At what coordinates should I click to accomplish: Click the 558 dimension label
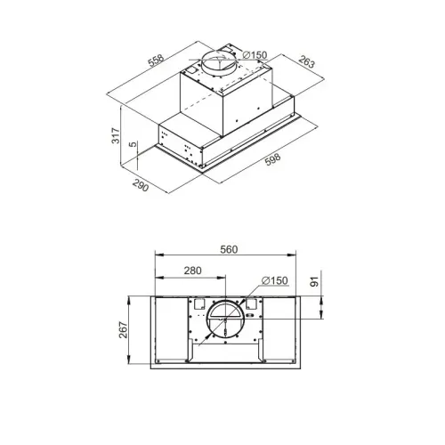(156, 61)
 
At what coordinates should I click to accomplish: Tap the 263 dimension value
(306, 61)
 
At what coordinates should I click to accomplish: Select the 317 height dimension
(116, 136)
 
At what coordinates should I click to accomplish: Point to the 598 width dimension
(272, 159)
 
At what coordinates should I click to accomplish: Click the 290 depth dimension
(141, 185)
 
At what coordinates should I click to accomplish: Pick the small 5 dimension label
(133, 144)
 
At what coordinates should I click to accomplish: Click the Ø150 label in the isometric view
(255, 55)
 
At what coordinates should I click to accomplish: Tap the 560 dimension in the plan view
(229, 250)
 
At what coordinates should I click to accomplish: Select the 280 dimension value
(192, 271)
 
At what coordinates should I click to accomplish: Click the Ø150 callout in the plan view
(275, 280)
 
